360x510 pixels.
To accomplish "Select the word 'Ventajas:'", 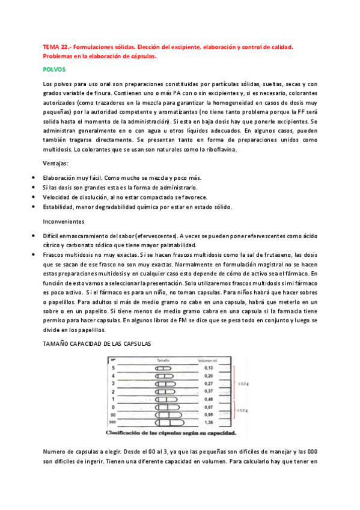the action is coord(56,164).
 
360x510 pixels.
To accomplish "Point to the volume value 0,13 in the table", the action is coord(209,367).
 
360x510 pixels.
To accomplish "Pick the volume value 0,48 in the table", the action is coord(209,398).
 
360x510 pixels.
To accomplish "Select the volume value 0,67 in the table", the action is coord(209,406).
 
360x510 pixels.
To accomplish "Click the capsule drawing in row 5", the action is coord(163,367).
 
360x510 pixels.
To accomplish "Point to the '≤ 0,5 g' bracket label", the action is coord(241,381).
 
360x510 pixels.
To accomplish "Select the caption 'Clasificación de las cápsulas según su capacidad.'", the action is coord(171,432).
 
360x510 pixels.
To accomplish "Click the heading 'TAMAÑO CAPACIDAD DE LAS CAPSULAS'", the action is coord(96,343).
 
